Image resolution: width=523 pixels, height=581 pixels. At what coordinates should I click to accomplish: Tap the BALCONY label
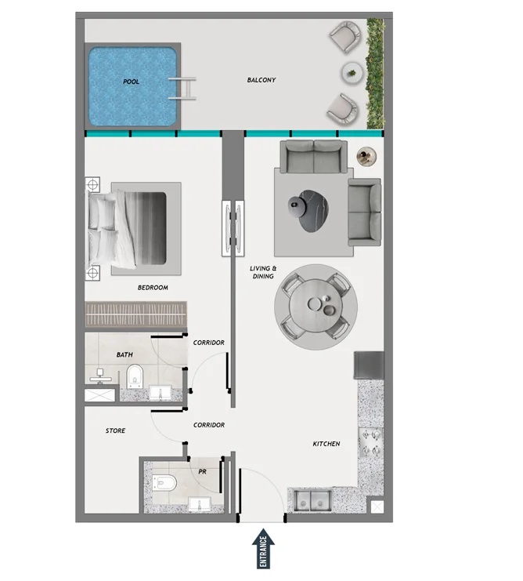[x=261, y=80]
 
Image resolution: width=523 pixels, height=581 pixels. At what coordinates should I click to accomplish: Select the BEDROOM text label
[x=153, y=288]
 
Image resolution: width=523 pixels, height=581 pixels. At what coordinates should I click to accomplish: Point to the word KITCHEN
[x=326, y=445]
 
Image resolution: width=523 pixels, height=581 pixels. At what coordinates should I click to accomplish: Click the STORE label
[x=116, y=430]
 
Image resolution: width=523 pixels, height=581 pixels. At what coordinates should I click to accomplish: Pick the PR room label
[x=202, y=471]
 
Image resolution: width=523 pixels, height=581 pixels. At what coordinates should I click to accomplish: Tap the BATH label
[x=124, y=354]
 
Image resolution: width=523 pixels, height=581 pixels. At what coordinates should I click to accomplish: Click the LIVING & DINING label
[x=263, y=272]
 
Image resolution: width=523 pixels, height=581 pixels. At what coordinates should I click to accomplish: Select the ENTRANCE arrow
[x=262, y=549]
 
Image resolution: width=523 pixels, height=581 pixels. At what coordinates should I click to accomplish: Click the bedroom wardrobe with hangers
[x=137, y=315]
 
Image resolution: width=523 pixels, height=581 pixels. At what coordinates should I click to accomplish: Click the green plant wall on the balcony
[x=377, y=74]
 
